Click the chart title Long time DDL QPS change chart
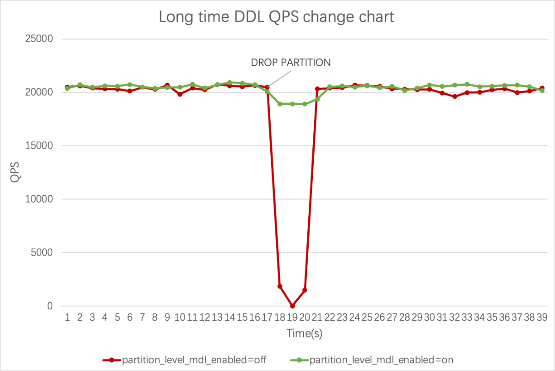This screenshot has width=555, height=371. [x=276, y=17]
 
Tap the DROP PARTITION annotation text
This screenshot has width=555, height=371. [x=291, y=62]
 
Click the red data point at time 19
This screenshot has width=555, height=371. [x=292, y=306]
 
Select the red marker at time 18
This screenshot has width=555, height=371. [x=280, y=286]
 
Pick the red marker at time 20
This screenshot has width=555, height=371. [x=305, y=290]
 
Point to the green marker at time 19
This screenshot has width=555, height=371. [x=292, y=104]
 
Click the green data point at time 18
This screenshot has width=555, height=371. [x=280, y=104]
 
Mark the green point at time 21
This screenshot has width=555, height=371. [x=317, y=99]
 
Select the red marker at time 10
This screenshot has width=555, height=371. [x=180, y=94]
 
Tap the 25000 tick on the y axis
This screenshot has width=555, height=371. [x=38, y=39]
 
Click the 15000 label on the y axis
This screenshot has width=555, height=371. [x=38, y=146]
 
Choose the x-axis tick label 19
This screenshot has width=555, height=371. [x=292, y=317]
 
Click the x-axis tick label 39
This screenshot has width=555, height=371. [x=542, y=317]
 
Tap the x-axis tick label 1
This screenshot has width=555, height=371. [x=67, y=317]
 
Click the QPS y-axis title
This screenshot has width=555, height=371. [x=15, y=172]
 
